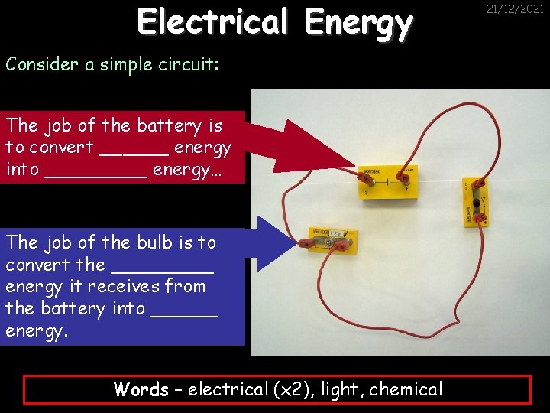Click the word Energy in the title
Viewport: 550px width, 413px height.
coord(357,23)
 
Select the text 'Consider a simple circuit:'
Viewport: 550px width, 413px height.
coord(112,64)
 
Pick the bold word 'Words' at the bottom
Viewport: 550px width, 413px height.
coord(141,389)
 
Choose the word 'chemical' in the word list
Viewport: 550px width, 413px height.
coord(406,389)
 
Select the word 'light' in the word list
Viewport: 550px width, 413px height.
coord(340,389)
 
